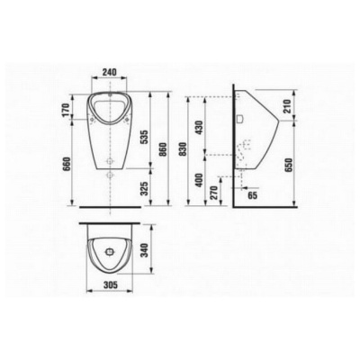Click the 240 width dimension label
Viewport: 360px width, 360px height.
(109, 72)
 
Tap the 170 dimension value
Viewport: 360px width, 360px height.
(67, 110)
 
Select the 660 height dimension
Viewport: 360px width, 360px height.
(67, 164)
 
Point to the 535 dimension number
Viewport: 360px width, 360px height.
(144, 137)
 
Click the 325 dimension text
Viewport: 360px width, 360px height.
(144, 188)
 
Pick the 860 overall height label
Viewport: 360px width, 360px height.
(162, 149)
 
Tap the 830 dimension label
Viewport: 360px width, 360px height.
(182, 149)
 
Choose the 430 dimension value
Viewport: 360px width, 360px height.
(199, 127)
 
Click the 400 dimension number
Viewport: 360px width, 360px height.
(199, 180)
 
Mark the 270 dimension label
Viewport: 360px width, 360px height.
(213, 193)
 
